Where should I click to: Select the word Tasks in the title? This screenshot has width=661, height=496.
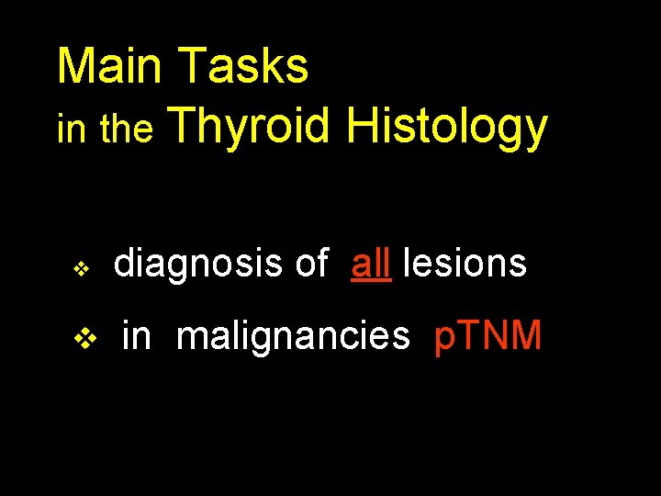point(244,66)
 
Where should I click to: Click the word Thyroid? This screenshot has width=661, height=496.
point(250,128)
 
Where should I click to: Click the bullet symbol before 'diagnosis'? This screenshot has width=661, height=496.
point(81,269)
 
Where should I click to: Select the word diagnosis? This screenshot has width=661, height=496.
point(197,264)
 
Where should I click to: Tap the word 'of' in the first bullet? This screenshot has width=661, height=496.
point(311,264)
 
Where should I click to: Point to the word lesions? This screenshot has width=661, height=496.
point(465,264)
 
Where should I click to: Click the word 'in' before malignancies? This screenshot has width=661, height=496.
point(136,336)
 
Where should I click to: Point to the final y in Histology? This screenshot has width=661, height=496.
point(534,133)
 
